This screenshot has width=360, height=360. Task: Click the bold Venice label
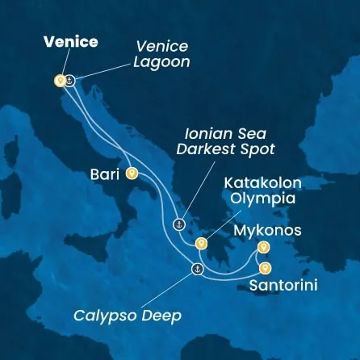[70, 42]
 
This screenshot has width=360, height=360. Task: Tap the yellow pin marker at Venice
[59, 81]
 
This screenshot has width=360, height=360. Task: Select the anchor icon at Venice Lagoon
[69, 80]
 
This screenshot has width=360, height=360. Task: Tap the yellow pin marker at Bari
[132, 173]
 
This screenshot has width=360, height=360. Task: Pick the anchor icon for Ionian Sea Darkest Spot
[180, 224]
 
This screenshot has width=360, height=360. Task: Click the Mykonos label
[266, 231]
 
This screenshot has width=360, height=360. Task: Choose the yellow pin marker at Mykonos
[262, 247]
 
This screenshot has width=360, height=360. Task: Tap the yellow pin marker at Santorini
[265, 269]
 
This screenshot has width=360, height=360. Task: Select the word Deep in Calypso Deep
[178, 315]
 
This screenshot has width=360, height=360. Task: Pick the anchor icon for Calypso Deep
[195, 268]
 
